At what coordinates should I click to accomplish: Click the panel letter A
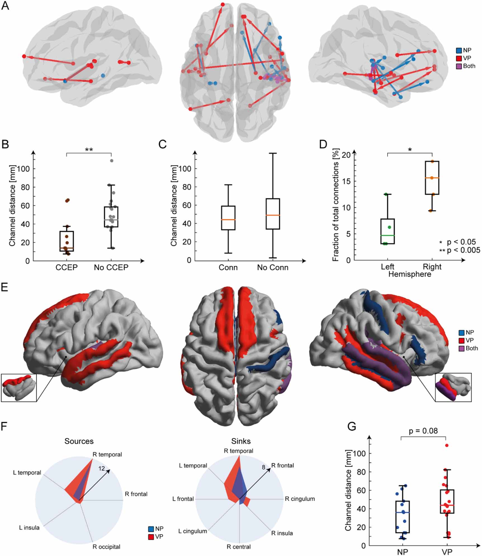coord(5,6)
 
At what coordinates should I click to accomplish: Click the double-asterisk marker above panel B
coord(89,150)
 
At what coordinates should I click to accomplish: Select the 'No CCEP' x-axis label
coord(111,267)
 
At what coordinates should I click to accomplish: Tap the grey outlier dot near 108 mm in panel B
coord(111,161)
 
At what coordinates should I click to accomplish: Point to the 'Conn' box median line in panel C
coord(228,220)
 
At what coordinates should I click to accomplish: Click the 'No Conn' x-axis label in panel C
coord(272,267)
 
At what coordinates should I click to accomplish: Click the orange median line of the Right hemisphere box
coord(432,178)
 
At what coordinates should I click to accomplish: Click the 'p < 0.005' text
coord(463,250)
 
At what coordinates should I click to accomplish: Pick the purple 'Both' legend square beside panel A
coord(459,66)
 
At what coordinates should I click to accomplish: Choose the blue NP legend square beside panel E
coord(461,333)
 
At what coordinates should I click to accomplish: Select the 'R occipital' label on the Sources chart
coord(106,547)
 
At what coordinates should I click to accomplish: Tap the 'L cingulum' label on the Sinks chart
coord(193,531)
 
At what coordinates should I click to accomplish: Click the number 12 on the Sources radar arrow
coord(101,468)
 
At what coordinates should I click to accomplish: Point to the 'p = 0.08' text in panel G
coord(423,431)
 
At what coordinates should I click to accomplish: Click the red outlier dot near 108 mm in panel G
coord(447,445)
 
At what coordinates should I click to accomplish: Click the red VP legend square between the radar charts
coord(151,537)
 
